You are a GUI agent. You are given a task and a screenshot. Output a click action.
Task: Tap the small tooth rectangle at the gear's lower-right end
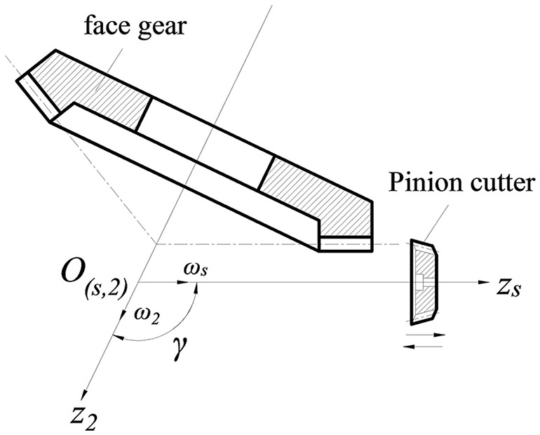[345, 243]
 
